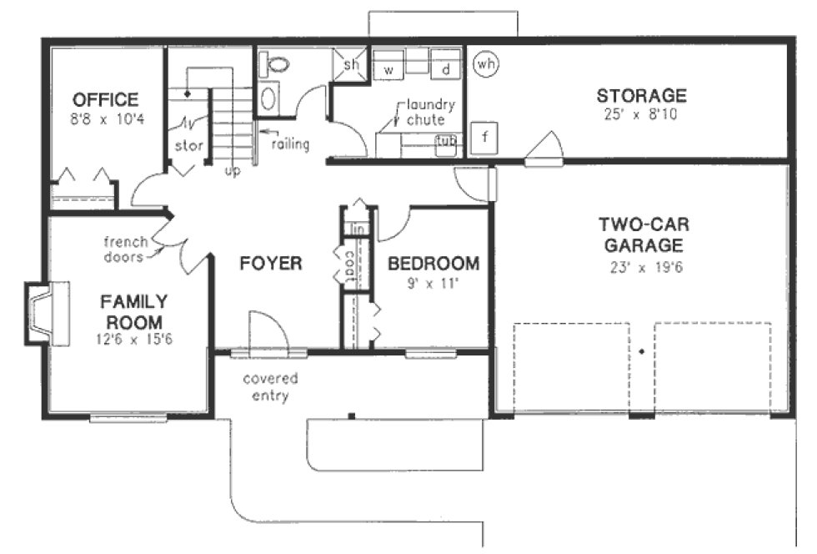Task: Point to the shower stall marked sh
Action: (351, 64)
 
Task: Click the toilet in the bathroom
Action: (273, 63)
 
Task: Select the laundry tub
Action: (447, 143)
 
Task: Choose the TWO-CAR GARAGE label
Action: (641, 235)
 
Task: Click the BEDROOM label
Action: (434, 264)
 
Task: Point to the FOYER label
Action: (270, 264)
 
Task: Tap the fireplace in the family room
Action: (46, 314)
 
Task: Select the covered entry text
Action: (270, 386)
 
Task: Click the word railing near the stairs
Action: (290, 144)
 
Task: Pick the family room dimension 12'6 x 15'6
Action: (134, 339)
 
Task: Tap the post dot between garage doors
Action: (641, 352)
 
